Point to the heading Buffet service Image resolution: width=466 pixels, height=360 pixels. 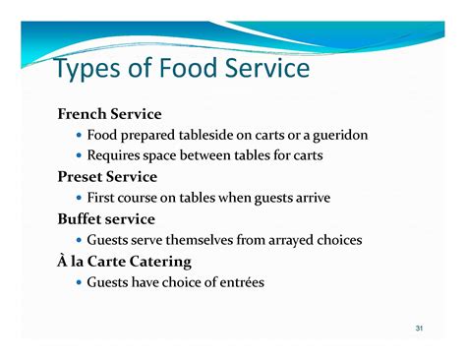106,219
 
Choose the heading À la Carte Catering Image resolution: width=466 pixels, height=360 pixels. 124,262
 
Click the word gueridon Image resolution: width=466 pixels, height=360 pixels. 337,135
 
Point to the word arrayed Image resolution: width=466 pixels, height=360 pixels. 292,240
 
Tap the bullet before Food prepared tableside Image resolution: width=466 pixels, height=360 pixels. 79,136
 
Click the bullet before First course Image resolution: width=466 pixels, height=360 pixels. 79,199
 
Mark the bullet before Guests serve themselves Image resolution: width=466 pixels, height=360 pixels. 79,241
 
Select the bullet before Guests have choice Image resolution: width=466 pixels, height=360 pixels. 79,283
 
